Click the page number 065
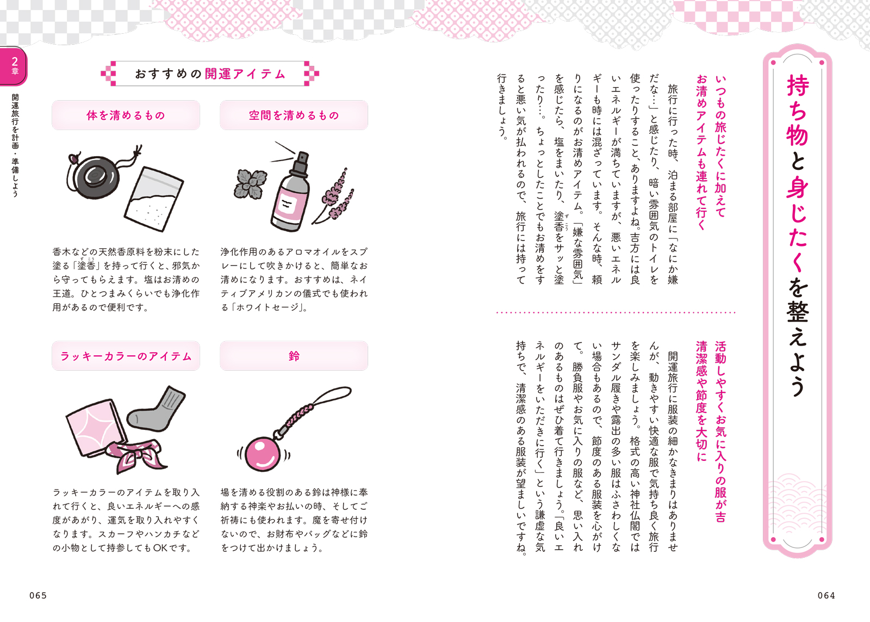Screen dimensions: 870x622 point(38,595)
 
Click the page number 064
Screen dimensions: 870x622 point(826,595)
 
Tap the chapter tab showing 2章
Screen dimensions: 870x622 point(14,65)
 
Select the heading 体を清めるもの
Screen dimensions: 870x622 point(126,115)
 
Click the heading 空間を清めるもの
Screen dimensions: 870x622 point(294,115)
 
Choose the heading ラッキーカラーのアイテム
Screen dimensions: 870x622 point(126,356)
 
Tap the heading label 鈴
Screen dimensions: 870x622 point(294,356)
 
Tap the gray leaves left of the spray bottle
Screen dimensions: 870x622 point(250,184)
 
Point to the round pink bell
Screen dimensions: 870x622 point(263,454)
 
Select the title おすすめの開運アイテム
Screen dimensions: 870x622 point(210,73)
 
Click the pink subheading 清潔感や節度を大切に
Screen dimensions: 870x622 point(701,401)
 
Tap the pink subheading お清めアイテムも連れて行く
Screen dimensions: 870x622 point(701,152)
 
